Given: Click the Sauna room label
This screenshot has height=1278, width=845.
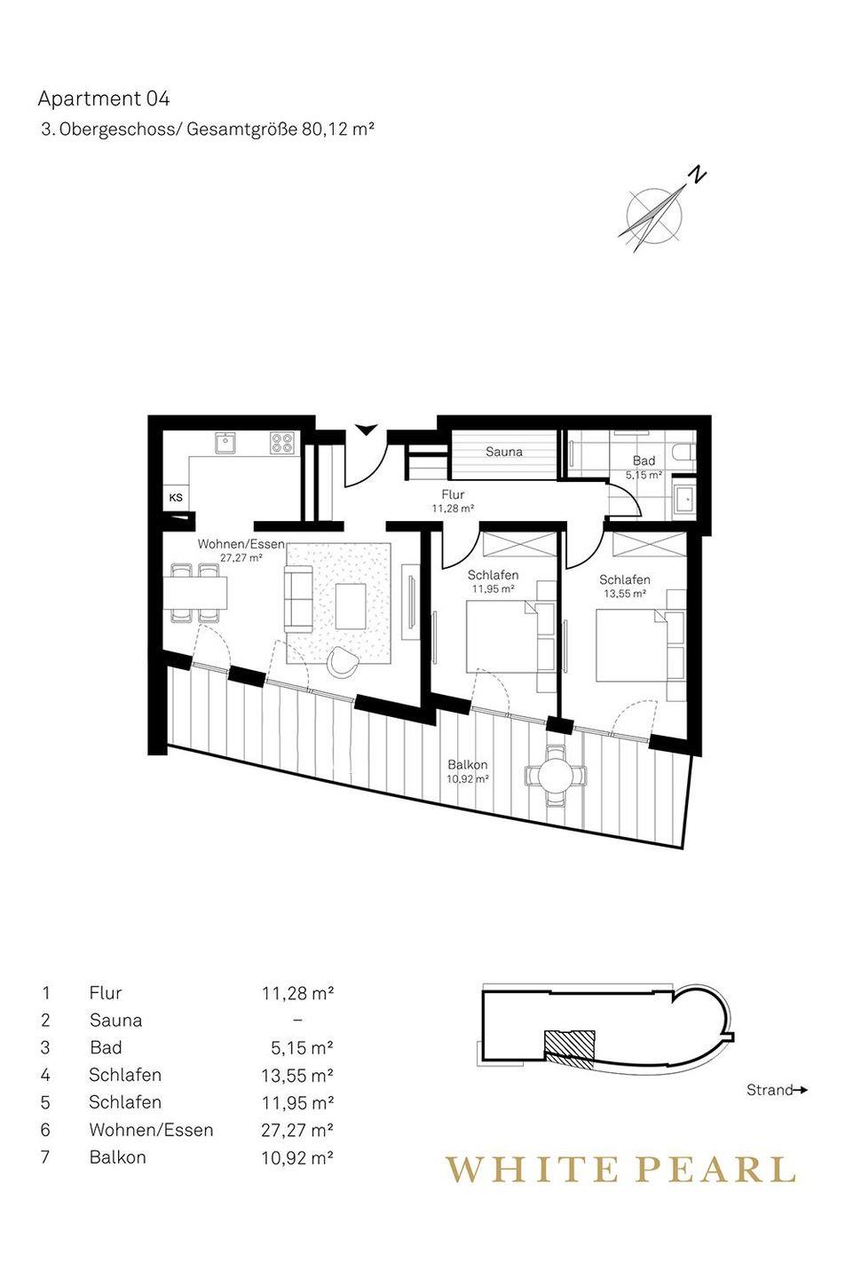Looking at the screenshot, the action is [504, 452].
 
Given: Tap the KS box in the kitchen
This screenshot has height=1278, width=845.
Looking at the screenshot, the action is [176, 498].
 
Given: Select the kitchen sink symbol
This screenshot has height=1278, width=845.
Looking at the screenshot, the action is [226, 443].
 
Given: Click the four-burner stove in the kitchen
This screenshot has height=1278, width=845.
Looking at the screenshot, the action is [283, 444].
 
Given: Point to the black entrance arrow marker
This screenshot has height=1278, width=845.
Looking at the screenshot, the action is [366, 429].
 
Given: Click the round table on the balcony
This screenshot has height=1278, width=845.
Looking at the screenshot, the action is [557, 777].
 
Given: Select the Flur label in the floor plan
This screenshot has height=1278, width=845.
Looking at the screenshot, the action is [453, 494].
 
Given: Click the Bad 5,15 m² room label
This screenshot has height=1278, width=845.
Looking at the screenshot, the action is [644, 467].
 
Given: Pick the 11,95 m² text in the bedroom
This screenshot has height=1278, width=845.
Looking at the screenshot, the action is [493, 588].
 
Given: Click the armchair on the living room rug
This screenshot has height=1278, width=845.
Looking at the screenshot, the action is [343, 662].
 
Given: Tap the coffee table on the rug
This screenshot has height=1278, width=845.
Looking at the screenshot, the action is [351, 606].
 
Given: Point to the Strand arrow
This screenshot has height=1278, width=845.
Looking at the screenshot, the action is [801, 1090].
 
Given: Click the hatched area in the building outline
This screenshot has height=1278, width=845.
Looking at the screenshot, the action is [570, 1048].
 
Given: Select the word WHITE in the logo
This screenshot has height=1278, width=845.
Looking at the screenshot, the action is [533, 1169].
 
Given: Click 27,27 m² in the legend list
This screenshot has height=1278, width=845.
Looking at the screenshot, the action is [297, 1130].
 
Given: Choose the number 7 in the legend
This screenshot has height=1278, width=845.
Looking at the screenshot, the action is [45, 1157].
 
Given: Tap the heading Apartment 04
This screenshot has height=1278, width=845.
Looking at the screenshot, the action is [104, 99].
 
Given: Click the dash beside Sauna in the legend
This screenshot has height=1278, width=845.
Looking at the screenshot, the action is [297, 1020].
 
